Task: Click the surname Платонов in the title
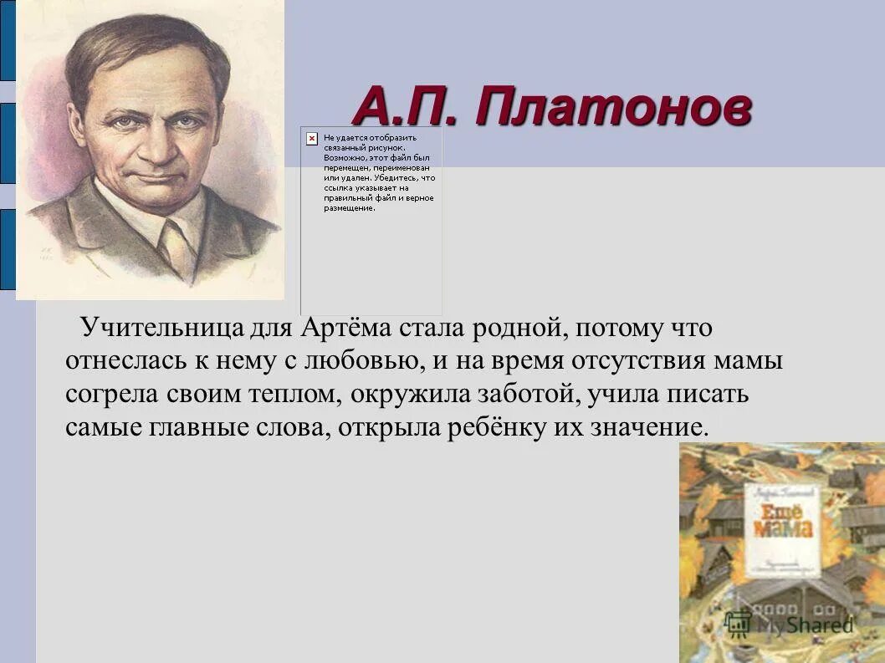pyautogui.click(x=611, y=109)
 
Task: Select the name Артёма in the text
pyautogui.click(x=336, y=328)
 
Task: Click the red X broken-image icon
pyautogui.click(x=311, y=137)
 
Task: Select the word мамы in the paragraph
pyautogui.click(x=752, y=361)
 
